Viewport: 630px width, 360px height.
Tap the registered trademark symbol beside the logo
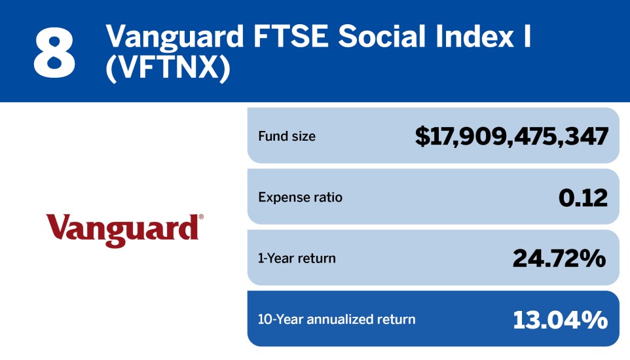[201, 217]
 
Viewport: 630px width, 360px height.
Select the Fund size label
[286, 137]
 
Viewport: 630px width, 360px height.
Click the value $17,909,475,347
[511, 136]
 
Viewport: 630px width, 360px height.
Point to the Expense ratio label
[300, 197]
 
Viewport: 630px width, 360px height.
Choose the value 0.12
[583, 197]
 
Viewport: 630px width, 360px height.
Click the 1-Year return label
[297, 258]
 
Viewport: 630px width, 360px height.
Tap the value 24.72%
[559, 258]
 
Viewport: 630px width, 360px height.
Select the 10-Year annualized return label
[337, 319]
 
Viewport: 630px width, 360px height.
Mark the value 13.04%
[560, 319]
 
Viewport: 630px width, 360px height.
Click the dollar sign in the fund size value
[422, 136]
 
